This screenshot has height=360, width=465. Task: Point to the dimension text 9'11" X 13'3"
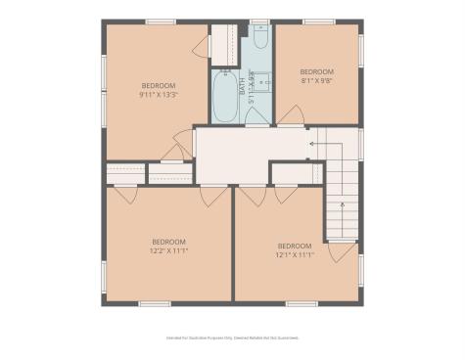158,95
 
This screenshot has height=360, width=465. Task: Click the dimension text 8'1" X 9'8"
316,81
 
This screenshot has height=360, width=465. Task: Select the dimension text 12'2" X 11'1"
168,250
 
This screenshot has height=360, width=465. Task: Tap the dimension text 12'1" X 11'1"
294,254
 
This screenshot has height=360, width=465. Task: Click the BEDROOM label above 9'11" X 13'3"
158,86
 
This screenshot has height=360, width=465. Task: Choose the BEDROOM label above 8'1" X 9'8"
316,71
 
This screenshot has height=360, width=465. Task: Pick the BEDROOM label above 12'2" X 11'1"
168,241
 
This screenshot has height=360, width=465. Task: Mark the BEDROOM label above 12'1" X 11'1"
294,245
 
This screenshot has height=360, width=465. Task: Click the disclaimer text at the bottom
232,337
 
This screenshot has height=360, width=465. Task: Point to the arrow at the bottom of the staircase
341,206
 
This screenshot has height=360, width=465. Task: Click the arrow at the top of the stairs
311,144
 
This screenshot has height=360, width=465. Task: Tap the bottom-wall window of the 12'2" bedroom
155,303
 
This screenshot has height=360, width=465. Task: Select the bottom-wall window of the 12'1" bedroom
300,303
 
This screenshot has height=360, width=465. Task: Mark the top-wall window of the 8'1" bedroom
317,21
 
